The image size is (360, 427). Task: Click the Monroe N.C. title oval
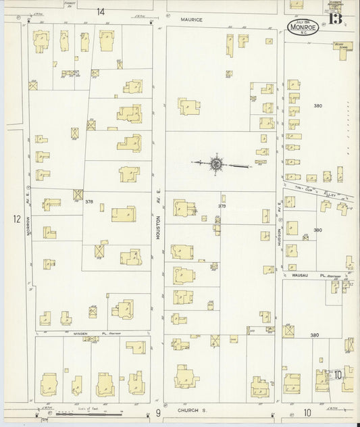pyautogui.click(x=301, y=28)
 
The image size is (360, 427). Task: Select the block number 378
pyautogui.click(x=88, y=201)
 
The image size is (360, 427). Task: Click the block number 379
pyautogui.click(x=222, y=205)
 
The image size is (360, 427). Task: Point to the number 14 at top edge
pyautogui.click(x=101, y=11)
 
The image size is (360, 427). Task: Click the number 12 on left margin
pyautogui.click(x=16, y=219)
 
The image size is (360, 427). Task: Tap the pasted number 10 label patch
pyautogui.click(x=337, y=374)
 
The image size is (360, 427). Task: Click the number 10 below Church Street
pyautogui.click(x=307, y=412)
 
